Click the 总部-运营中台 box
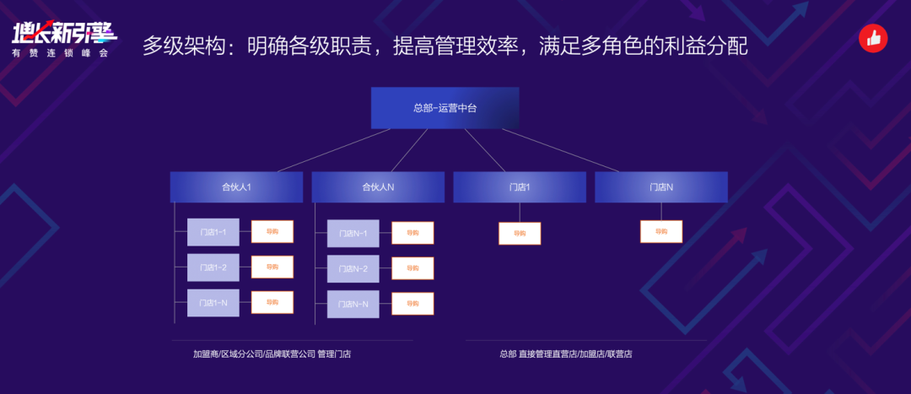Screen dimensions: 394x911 pyautogui.click(x=445, y=108)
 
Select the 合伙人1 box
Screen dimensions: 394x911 pyautogui.click(x=236, y=187)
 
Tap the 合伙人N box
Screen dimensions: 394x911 pyautogui.click(x=378, y=187)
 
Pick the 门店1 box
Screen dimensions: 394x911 pyautogui.click(x=520, y=187)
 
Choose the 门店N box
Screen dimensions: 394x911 pyautogui.click(x=661, y=187)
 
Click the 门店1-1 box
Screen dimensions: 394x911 pyautogui.click(x=213, y=232)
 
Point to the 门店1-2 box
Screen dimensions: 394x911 pyautogui.click(x=213, y=267)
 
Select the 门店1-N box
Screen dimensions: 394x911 pyautogui.click(x=213, y=303)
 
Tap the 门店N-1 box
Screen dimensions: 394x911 pyautogui.click(x=353, y=234)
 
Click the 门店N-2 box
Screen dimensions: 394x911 pyautogui.click(x=353, y=269)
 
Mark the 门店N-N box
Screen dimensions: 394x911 pyautogui.click(x=353, y=305)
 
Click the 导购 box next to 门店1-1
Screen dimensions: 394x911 pyautogui.click(x=272, y=231)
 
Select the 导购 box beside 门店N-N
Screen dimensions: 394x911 pyautogui.click(x=412, y=304)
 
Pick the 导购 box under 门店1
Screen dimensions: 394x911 pyautogui.click(x=520, y=234)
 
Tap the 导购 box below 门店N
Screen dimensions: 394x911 pyautogui.click(x=661, y=231)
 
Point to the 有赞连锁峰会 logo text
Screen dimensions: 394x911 pyautogui.click(x=61, y=53)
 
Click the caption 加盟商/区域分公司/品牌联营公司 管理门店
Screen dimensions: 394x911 pyautogui.click(x=272, y=354)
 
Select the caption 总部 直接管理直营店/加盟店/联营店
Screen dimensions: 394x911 pyautogui.click(x=566, y=354)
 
